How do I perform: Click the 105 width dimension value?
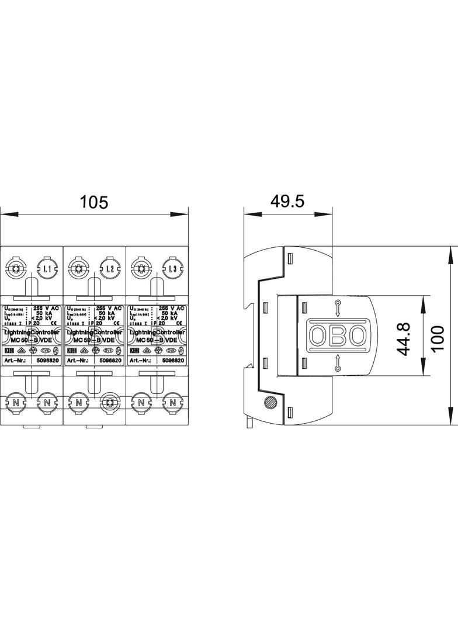(x=94, y=202)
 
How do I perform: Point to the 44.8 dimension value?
(x=404, y=338)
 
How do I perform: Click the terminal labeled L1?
(x=47, y=269)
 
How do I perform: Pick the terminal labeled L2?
(x=110, y=269)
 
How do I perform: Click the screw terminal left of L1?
(x=15, y=269)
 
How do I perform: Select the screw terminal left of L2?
(x=78, y=269)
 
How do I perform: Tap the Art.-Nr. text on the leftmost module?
(x=17, y=361)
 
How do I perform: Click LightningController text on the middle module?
(x=94, y=331)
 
